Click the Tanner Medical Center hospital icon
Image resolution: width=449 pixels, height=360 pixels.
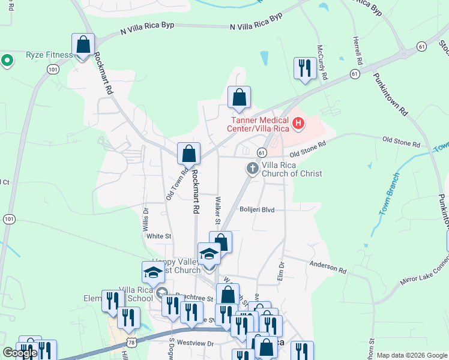(x=298, y=124)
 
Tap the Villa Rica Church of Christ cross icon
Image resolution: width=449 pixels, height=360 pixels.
(x=253, y=169)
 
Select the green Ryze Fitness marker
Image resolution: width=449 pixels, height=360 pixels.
(x=7, y=60)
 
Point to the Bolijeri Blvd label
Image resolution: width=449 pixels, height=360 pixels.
(x=256, y=210)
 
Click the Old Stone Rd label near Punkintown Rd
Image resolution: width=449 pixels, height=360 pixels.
(x=401, y=143)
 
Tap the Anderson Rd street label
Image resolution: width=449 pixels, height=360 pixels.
(x=328, y=267)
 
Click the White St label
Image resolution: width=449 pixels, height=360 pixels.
(x=159, y=236)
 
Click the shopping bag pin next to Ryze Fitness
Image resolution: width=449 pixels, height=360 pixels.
(x=83, y=45)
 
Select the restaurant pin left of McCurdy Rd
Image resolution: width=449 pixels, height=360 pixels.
(x=305, y=68)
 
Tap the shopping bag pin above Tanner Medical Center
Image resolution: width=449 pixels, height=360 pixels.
(x=239, y=98)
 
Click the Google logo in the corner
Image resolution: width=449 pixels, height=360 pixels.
(x=19, y=353)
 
